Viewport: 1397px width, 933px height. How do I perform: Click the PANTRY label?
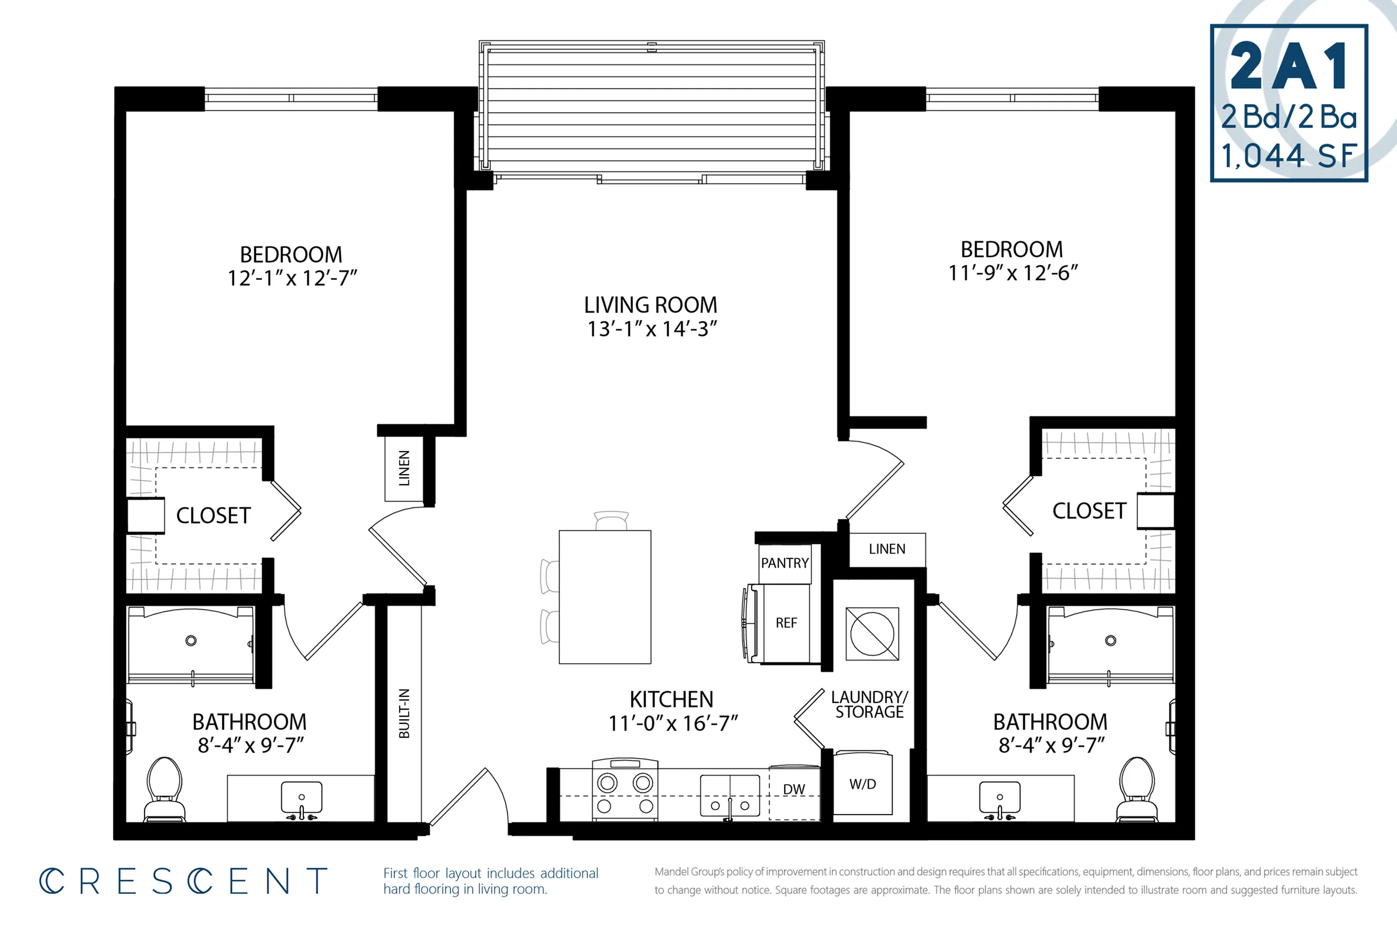click(785, 563)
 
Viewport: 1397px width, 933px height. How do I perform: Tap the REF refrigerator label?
click(786, 623)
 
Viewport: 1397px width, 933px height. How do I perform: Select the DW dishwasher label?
click(794, 789)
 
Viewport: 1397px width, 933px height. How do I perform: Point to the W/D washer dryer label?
click(863, 784)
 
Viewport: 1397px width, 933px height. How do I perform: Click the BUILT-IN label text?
click(404, 714)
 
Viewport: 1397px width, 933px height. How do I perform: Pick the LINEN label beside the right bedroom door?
click(887, 548)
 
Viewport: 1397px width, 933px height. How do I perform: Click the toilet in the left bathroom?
click(164, 789)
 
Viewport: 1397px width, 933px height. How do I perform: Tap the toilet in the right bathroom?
click(1137, 789)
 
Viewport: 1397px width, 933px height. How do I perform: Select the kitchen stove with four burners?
click(625, 789)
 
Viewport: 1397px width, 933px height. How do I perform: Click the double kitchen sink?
click(730, 796)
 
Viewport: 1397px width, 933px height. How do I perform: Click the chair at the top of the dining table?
click(611, 520)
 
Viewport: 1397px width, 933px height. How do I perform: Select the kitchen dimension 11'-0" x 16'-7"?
click(673, 723)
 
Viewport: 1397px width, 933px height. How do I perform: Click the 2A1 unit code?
click(1289, 67)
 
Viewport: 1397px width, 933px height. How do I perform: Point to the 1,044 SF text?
click(1289, 156)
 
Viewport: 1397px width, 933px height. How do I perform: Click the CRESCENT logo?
click(183, 881)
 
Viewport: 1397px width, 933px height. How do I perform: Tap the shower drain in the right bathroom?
click(1110, 641)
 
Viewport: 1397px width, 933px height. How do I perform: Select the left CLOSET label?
click(214, 516)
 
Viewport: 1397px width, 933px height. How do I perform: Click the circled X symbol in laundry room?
click(872, 634)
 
